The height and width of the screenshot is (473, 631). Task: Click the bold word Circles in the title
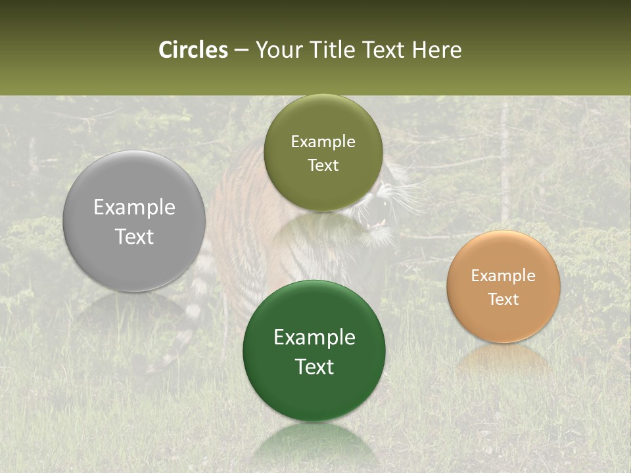coord(193,50)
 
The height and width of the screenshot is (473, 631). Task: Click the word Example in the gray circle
coord(134,208)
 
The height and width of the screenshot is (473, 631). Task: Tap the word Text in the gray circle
coord(134,236)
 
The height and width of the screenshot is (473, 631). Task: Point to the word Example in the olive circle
coord(323,141)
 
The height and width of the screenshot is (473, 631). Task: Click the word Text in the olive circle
coord(323,165)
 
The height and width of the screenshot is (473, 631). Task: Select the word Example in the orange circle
coord(503,275)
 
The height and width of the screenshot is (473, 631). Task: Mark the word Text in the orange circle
coord(503,299)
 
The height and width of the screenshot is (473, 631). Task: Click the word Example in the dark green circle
coord(314,337)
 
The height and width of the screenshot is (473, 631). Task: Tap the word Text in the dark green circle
coord(314,366)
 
